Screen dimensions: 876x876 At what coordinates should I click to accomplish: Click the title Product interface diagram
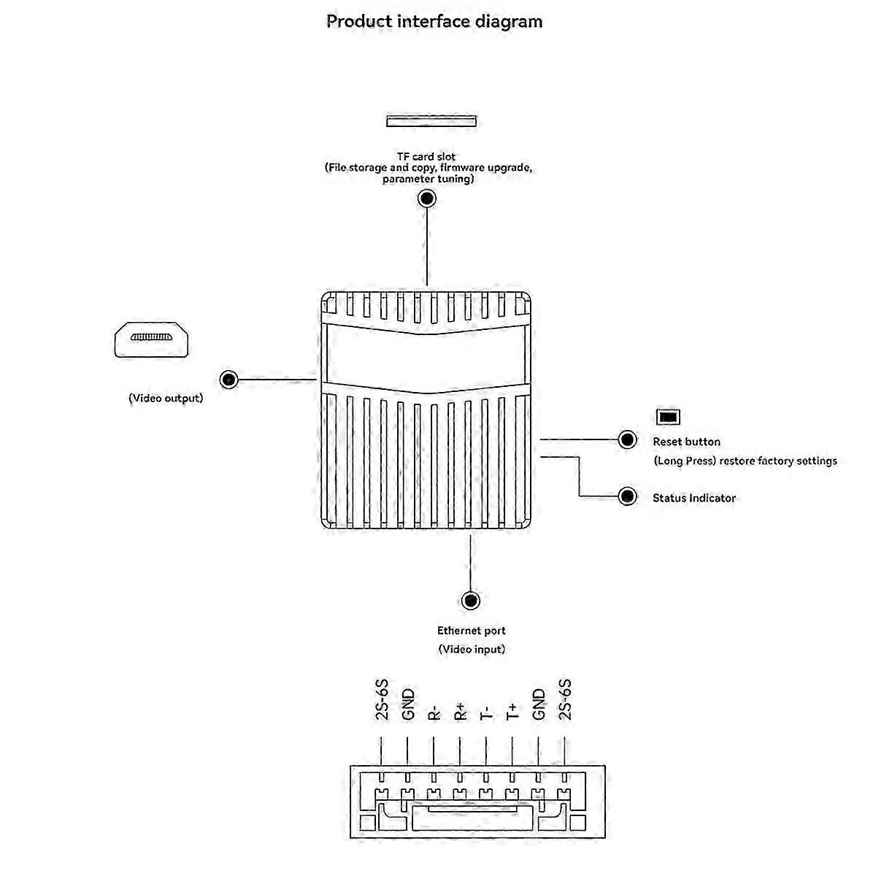tap(434, 21)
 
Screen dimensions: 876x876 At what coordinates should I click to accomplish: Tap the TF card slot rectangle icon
tap(431, 120)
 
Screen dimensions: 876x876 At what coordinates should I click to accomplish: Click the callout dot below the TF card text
tap(427, 199)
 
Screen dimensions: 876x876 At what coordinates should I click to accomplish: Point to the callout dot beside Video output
tap(229, 380)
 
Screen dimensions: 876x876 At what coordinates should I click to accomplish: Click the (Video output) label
tap(166, 399)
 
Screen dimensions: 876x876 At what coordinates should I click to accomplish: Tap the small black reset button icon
tap(669, 417)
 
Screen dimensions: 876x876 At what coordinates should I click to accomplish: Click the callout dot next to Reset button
tap(627, 439)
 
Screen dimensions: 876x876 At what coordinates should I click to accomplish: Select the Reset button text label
tap(686, 442)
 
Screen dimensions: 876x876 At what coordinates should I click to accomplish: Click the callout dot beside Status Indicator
tap(627, 496)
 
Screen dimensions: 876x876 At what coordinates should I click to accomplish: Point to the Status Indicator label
tap(693, 498)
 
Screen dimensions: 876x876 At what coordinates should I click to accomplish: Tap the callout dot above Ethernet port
tap(471, 601)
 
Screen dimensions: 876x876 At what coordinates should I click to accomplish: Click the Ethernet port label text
tap(471, 631)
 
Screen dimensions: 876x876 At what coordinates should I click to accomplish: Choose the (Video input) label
tap(471, 649)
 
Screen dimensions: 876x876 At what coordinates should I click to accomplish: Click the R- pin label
tap(434, 712)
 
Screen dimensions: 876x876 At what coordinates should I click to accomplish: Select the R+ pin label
tap(461, 712)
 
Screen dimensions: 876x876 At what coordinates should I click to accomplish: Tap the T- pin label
tap(486, 712)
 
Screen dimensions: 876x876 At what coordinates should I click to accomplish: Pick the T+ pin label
tap(512, 712)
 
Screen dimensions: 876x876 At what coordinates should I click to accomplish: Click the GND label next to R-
tap(408, 704)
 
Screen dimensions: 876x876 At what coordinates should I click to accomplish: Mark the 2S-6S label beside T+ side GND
tap(565, 700)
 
